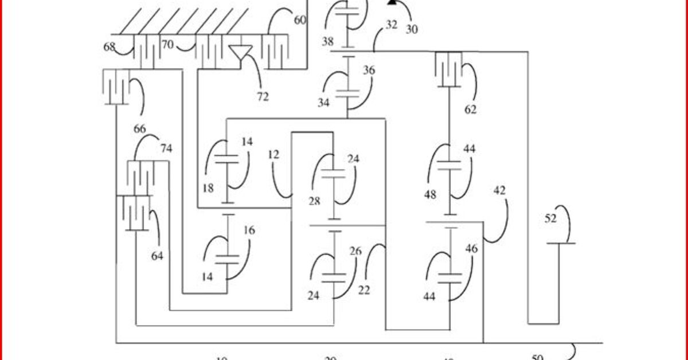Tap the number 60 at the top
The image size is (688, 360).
300,20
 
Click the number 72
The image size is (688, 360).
263,97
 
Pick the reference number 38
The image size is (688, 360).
327,42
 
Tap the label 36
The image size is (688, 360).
369,70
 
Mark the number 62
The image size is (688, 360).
470,109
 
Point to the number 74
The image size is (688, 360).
166,148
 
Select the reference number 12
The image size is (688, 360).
273,154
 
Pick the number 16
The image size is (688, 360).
249,230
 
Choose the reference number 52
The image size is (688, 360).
550,218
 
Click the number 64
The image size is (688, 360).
157,256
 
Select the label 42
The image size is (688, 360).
499,190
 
